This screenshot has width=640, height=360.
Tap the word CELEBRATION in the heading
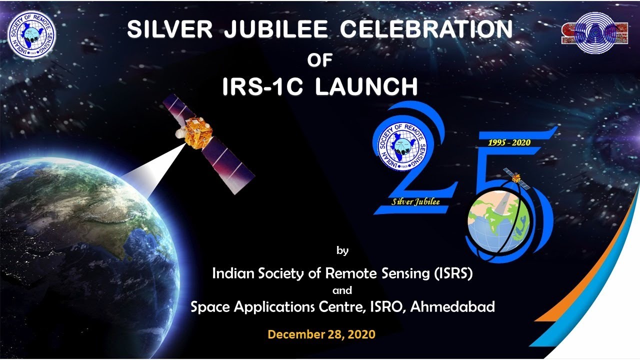[x=426, y=30]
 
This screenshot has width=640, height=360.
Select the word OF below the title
[x=320, y=60]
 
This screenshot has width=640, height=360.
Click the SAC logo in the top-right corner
[x=594, y=28]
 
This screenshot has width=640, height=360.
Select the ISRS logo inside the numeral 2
[x=399, y=144]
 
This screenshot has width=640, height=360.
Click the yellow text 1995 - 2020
[x=509, y=142]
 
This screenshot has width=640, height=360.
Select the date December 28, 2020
[x=321, y=334]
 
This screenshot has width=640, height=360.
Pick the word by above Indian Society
[x=342, y=250]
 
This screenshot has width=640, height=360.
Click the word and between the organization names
[x=342, y=290]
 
